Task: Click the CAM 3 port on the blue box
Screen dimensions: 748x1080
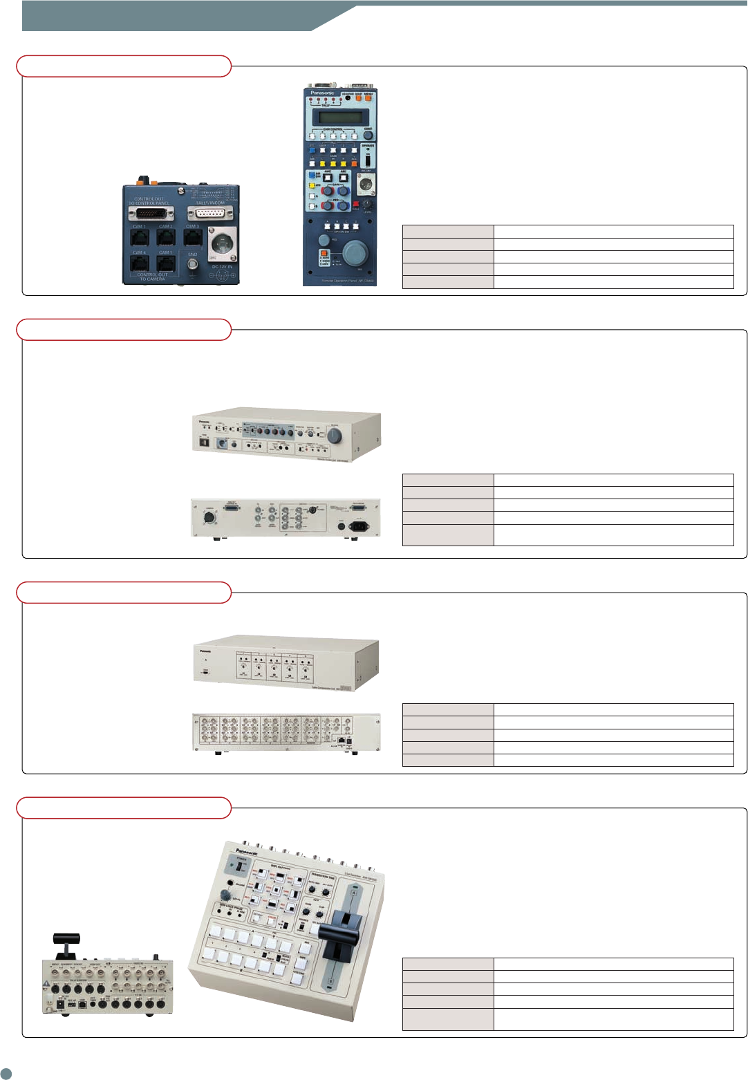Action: [x=193, y=238]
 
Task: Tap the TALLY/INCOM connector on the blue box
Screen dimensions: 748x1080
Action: [x=211, y=213]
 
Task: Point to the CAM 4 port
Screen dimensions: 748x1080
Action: [x=140, y=263]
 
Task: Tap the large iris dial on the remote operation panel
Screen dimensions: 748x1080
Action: [x=355, y=252]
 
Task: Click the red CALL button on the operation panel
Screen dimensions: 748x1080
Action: [x=356, y=204]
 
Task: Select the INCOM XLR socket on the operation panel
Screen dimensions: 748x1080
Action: [x=365, y=183]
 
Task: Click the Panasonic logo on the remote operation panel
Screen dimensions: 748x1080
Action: [x=322, y=92]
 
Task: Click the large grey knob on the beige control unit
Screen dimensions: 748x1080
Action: [x=335, y=436]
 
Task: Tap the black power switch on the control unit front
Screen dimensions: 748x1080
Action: [x=204, y=441]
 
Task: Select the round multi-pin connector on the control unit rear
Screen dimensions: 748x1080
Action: [x=208, y=516]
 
